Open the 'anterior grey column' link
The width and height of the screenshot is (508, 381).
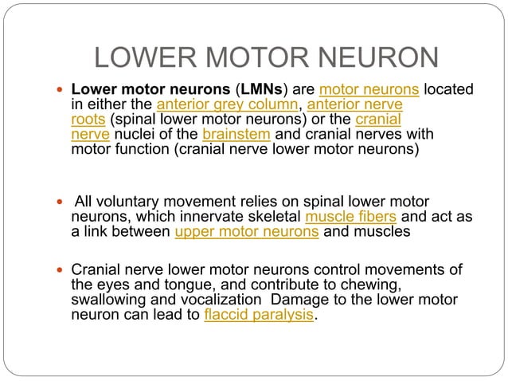226,105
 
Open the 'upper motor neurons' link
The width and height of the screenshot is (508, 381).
246,232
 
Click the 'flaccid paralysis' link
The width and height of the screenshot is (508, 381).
258,314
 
